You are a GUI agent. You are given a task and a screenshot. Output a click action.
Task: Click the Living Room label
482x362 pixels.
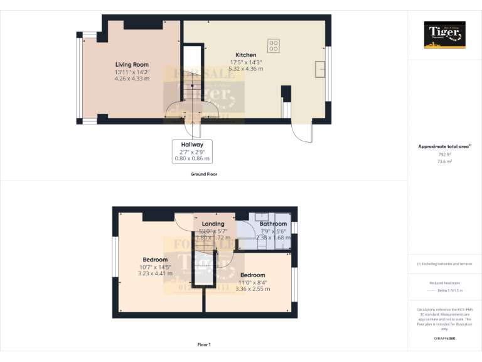[x=132, y=64]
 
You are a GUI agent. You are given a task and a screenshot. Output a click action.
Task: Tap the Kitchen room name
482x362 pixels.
[x=245, y=55]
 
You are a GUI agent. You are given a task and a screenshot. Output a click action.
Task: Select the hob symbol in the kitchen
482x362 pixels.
[x=274, y=45]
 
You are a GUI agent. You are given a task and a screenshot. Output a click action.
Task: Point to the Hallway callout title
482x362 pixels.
[x=192, y=145]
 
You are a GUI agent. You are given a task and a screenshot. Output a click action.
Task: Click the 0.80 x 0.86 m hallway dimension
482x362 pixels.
[x=192, y=159]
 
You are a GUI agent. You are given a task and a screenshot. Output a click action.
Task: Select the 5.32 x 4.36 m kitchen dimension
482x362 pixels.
[x=246, y=69]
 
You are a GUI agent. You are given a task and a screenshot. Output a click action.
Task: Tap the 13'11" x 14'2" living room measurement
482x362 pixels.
[x=132, y=72]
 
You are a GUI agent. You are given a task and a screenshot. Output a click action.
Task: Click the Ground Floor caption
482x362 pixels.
[x=203, y=174]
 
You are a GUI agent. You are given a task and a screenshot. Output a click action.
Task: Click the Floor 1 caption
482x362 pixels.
[x=203, y=344]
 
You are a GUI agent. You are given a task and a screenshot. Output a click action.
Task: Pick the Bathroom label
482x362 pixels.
[x=273, y=224]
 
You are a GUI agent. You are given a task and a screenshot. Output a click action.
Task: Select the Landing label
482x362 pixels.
[x=213, y=224]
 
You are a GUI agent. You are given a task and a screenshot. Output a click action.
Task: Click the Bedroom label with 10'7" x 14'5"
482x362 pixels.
[x=155, y=260]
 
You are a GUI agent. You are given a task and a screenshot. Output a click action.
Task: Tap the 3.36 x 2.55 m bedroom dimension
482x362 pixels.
[x=252, y=289]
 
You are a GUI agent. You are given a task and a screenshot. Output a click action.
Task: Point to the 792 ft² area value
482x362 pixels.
[x=444, y=154]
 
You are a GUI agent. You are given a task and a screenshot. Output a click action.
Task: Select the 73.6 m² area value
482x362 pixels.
[x=444, y=162]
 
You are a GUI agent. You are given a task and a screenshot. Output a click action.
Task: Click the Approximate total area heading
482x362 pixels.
[x=444, y=146]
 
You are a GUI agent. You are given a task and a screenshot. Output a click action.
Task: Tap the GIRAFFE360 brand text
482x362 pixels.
[x=444, y=339]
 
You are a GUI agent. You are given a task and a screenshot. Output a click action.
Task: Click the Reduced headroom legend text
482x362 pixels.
[x=444, y=283]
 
